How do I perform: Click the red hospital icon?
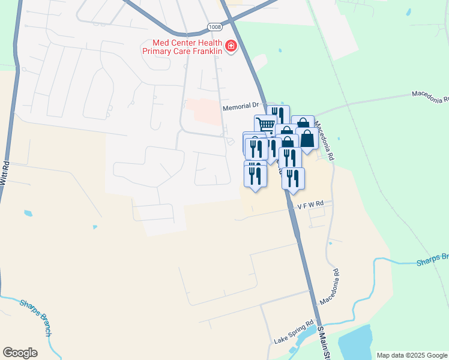231,46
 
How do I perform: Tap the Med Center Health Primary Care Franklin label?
182,47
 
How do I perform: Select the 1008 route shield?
214,27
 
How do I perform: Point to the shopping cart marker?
265,125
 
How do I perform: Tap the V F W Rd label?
310,204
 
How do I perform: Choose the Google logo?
20,353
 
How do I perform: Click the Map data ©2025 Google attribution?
412,355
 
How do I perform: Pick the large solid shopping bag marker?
307,139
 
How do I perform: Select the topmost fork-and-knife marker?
278,115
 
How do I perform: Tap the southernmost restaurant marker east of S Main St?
293,178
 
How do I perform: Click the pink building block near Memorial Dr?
203,112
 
